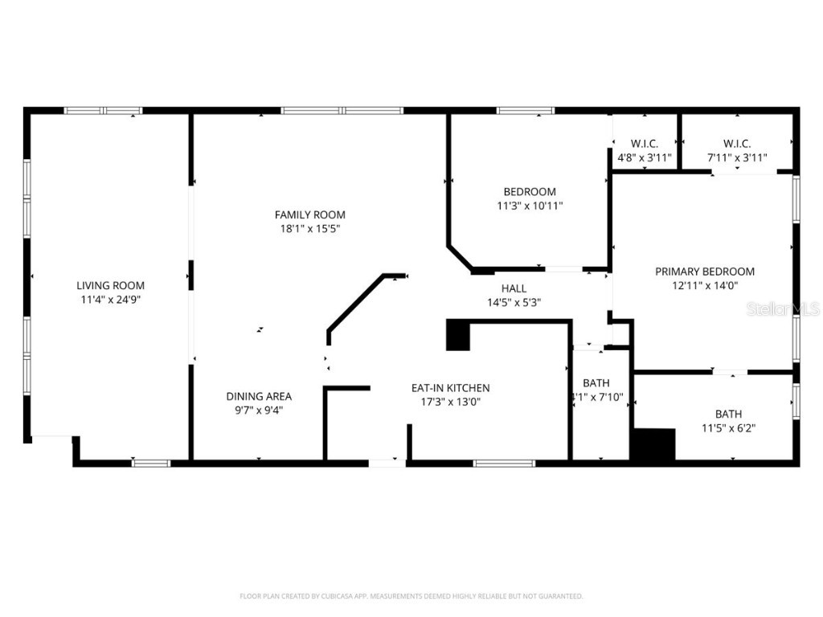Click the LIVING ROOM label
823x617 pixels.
pyautogui.click(x=110, y=285)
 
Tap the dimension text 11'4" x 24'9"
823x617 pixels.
pyautogui.click(x=110, y=300)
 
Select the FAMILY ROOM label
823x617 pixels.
pyautogui.click(x=309, y=215)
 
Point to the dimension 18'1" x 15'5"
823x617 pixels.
pyautogui.click(x=309, y=229)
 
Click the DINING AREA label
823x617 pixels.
pyautogui.click(x=258, y=396)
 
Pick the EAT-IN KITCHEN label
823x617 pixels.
pyautogui.click(x=450, y=388)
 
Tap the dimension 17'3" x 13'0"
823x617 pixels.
pyautogui.click(x=450, y=402)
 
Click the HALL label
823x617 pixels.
pyautogui.click(x=514, y=288)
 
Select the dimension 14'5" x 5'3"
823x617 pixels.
pyautogui.click(x=514, y=303)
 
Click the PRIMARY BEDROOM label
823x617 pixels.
pyautogui.click(x=704, y=272)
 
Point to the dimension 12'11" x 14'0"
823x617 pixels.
pyautogui.click(x=704, y=285)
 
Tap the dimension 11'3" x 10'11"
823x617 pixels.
pyautogui.click(x=529, y=206)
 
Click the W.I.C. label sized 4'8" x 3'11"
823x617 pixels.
pyautogui.click(x=644, y=144)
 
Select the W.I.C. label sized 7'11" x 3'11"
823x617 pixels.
pyautogui.click(x=736, y=144)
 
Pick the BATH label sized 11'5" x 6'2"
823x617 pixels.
pyautogui.click(x=728, y=414)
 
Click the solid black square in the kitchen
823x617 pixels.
pyautogui.click(x=457, y=335)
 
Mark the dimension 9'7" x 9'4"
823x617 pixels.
pyautogui.click(x=258, y=410)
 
